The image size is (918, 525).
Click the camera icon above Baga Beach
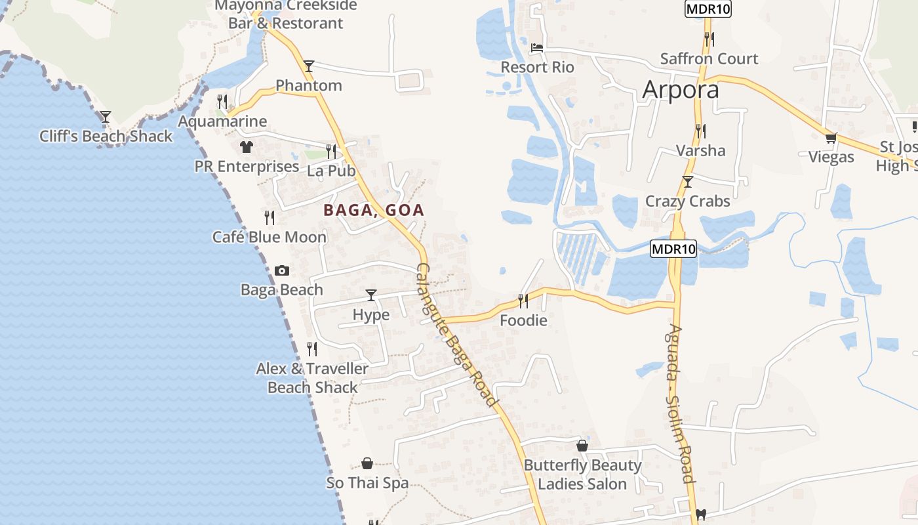(282, 270)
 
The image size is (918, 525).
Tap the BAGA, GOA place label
(374, 211)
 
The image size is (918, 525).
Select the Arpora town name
(681, 89)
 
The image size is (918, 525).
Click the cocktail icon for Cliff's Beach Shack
(105, 117)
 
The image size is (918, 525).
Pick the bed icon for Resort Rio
(536, 48)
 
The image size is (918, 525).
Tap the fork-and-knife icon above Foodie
(523, 301)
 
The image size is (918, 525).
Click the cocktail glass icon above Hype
(371, 295)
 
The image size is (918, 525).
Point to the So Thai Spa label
(367, 483)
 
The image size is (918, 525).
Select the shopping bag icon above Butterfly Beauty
(582, 446)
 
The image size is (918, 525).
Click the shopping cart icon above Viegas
(831, 138)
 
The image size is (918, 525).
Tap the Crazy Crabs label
(687, 201)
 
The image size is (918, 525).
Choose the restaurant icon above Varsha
(700, 131)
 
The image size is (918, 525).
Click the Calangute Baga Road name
(456, 335)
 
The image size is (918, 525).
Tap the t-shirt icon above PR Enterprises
(246, 147)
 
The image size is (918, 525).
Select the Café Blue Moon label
(269, 237)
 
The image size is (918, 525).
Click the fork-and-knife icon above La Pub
(331, 151)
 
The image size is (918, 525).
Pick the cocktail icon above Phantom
(309, 66)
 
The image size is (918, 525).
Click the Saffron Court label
(709, 58)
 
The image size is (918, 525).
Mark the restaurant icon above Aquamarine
(222, 101)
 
